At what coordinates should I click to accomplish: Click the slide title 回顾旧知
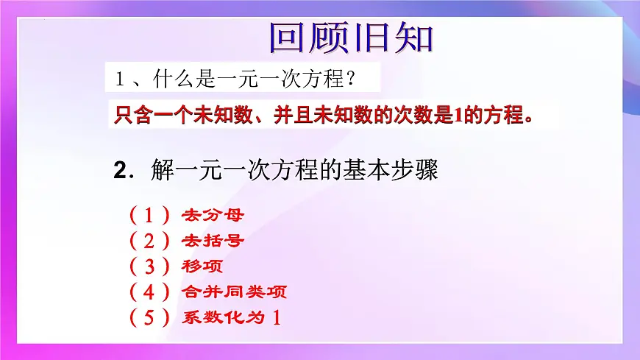351,38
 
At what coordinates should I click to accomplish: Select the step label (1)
149,216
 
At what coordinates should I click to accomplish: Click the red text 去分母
213,216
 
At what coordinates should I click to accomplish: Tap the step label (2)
149,241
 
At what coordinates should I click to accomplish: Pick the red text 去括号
213,241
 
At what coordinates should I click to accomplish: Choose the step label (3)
149,266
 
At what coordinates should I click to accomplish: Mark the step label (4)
149,292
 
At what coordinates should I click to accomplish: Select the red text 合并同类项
234,292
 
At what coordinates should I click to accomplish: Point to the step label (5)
149,317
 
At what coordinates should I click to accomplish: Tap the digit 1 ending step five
277,317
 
